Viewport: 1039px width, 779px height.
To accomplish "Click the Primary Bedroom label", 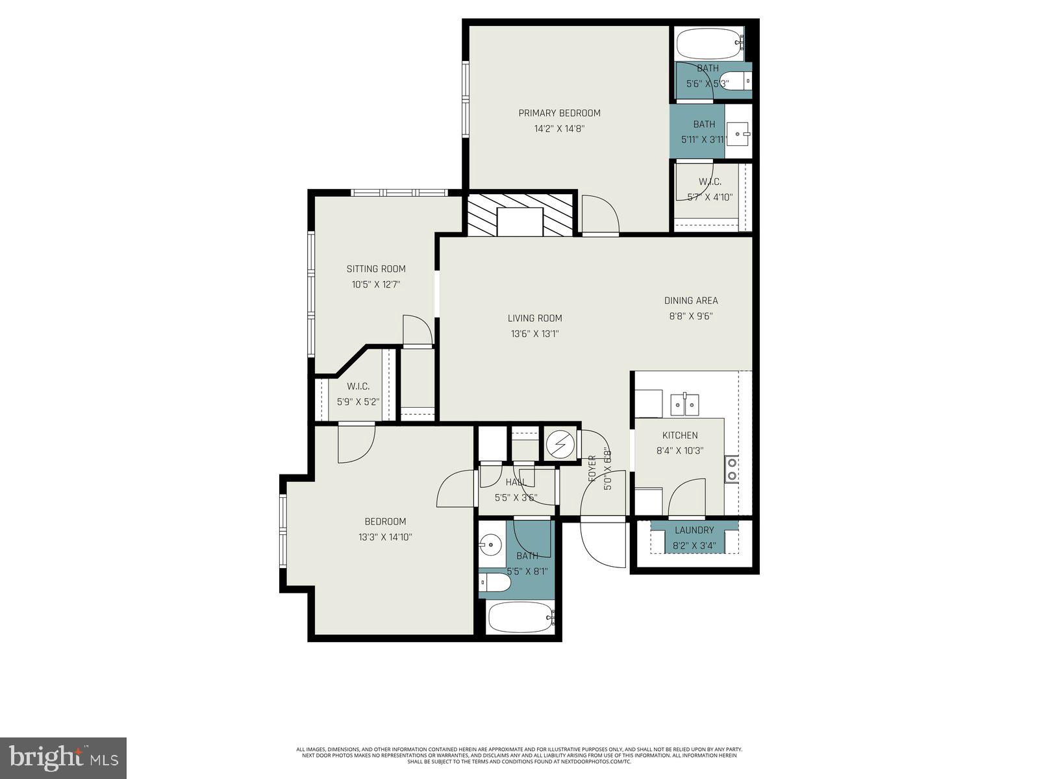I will (x=559, y=113).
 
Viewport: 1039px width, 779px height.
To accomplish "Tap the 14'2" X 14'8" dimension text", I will (x=559, y=129).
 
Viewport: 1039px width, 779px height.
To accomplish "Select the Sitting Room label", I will (x=375, y=269).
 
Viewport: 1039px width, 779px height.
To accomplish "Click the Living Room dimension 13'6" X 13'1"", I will (x=534, y=334).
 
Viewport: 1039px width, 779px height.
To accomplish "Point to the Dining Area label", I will (x=690, y=301).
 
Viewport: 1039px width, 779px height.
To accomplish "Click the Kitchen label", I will (x=680, y=436).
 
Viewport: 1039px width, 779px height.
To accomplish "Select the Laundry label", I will (x=694, y=530).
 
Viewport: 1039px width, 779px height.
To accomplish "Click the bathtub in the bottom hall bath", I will (x=519, y=617).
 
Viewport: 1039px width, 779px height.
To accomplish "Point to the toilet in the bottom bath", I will (x=495, y=583).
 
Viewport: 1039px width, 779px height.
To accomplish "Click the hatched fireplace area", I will (x=520, y=214).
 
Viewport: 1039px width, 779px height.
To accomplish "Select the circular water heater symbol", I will (x=558, y=445).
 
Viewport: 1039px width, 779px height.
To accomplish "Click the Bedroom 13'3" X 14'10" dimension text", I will (x=385, y=538).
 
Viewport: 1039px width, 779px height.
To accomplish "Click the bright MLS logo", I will (x=63, y=757).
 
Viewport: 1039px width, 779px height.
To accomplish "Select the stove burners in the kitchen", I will (x=732, y=469).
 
